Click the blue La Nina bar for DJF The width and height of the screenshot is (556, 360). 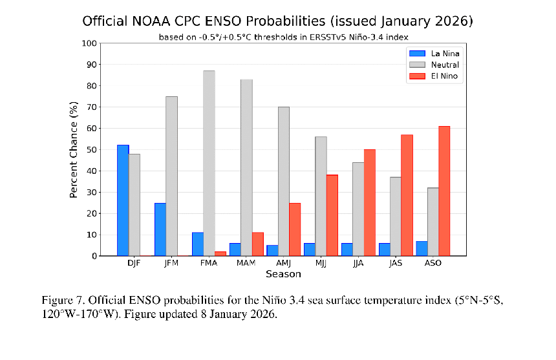point(123,200)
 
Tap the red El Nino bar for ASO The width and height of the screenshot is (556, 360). point(444,191)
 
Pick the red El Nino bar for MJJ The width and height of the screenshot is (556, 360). point(332,215)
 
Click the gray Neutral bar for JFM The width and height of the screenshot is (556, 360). point(171,176)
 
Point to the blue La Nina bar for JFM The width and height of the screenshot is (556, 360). point(160,229)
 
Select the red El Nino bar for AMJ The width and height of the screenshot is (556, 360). point(294,229)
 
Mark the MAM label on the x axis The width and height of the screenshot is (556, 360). point(246,264)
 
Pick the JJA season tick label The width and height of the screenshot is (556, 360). point(359,264)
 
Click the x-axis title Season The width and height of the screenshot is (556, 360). point(283,274)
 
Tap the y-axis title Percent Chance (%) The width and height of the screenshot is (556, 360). point(74,150)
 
